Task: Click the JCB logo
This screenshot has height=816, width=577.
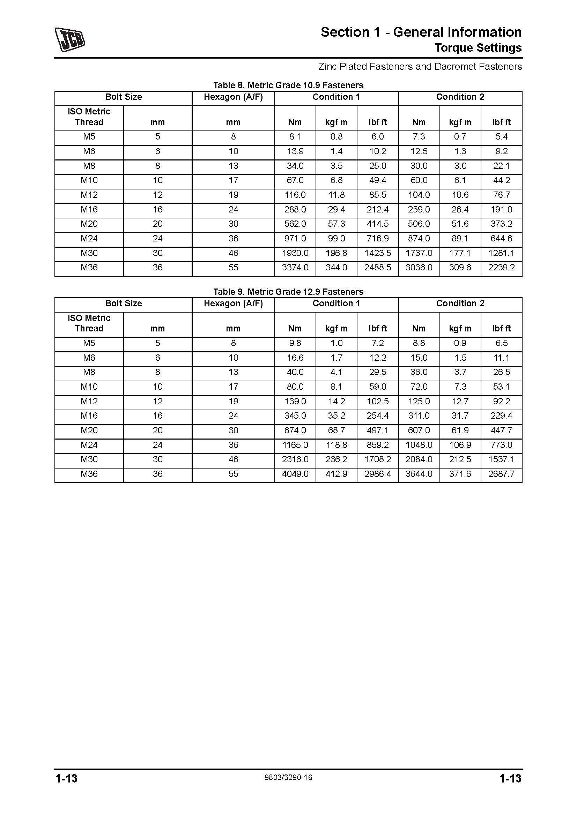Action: [x=70, y=39]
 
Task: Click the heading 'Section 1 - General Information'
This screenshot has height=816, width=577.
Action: [x=421, y=32]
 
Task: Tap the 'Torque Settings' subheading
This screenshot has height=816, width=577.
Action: [x=478, y=48]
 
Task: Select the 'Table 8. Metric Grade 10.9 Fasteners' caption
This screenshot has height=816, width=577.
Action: [x=288, y=85]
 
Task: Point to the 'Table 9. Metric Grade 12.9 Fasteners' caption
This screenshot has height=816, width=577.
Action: [x=288, y=292]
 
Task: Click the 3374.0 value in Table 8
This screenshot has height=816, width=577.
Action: [x=295, y=268]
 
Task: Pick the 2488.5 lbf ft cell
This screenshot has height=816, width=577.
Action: [x=378, y=268]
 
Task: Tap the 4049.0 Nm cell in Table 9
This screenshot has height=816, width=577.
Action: [x=295, y=474]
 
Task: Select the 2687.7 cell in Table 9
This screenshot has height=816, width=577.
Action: [x=501, y=474]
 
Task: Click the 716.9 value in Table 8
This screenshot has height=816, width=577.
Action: [x=378, y=239]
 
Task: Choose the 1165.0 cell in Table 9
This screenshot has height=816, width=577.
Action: [x=295, y=445]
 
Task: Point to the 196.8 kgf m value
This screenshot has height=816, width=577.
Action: [x=336, y=253]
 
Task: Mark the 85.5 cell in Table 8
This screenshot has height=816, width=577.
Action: [x=378, y=195]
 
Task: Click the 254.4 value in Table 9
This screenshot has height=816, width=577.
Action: [x=378, y=416]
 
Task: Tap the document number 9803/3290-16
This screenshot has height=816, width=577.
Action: [x=288, y=777]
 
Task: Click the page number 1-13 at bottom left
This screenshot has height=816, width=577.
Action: [x=66, y=778]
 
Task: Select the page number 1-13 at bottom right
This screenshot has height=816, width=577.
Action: [x=510, y=778]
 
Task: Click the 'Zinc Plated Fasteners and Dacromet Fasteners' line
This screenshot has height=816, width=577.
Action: [x=420, y=67]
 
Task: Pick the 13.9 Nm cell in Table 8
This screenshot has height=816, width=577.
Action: [x=295, y=151]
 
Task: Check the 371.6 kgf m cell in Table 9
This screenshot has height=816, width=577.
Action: [x=460, y=474]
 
